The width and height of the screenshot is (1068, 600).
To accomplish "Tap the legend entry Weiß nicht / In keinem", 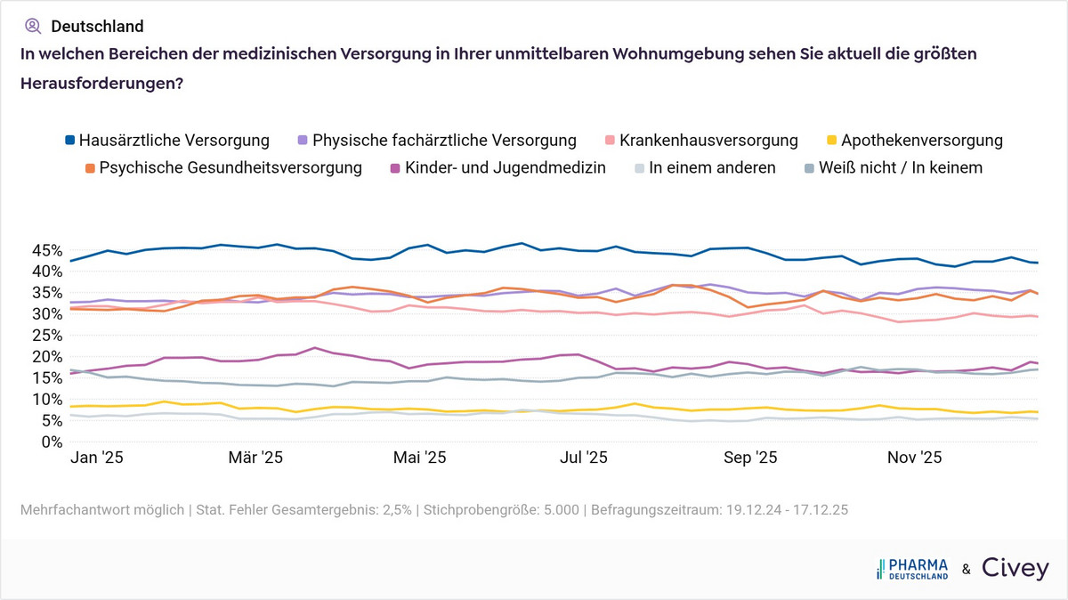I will point(895,167).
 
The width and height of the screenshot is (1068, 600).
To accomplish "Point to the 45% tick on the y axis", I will point(45,250).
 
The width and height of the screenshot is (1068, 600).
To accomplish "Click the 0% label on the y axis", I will point(50,442).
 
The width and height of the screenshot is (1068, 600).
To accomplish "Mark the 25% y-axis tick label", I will point(45,335).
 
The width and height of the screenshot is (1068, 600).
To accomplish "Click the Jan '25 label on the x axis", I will point(96,458).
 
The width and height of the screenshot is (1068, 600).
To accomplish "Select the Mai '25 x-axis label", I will point(419,458).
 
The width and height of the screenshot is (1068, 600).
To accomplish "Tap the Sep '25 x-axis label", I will point(750,458).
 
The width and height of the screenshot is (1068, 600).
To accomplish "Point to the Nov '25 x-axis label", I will point(915,458).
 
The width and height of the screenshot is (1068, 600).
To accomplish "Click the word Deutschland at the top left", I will point(97,27).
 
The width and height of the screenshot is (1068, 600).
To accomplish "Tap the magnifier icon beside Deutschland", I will point(34,26).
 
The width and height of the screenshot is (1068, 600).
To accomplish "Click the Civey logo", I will point(1015,569).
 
